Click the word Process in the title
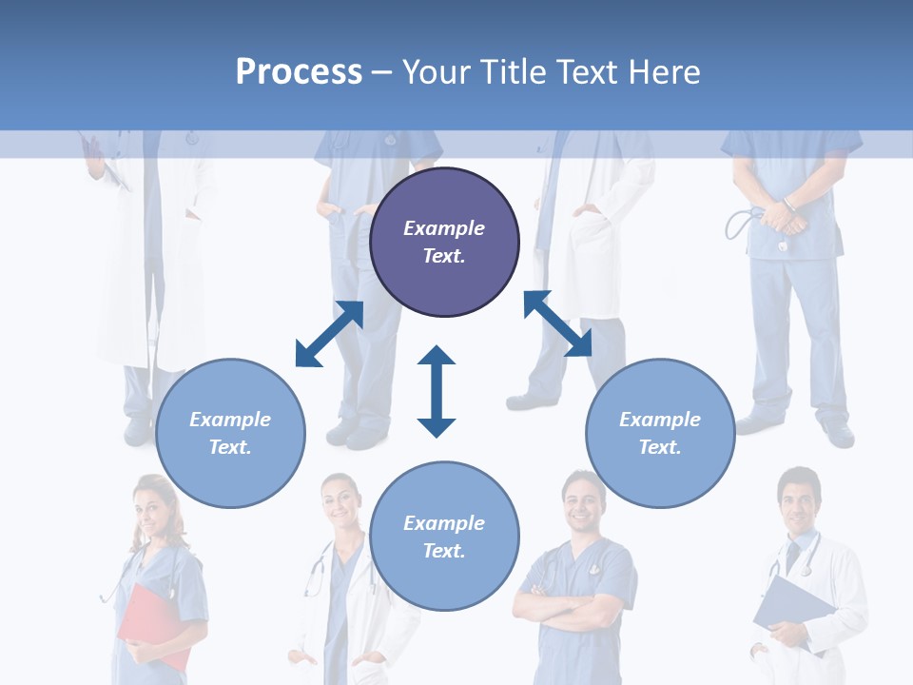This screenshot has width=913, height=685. click(x=299, y=71)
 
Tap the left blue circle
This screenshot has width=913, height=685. click(x=230, y=433)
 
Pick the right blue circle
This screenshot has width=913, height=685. click(x=660, y=433)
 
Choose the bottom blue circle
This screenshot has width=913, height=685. click(x=444, y=537)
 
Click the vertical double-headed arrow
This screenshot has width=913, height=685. click(x=437, y=391)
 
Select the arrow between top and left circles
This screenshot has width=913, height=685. click(x=329, y=333)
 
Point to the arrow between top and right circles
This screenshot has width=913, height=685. click(x=558, y=323)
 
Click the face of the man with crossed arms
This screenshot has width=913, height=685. click(x=580, y=502)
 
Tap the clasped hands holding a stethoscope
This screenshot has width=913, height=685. click(x=785, y=217)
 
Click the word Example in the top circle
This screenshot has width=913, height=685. click(x=444, y=228)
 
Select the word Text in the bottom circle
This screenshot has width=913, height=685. click(x=442, y=551)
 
